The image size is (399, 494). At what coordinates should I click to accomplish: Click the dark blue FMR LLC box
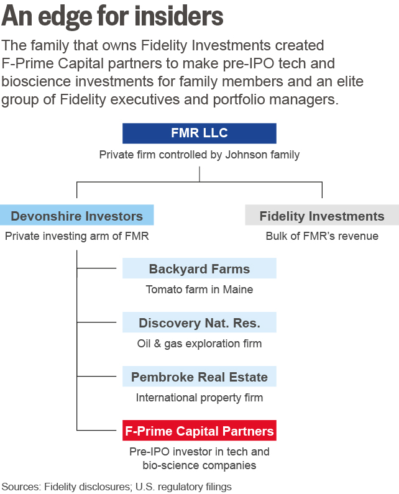tap(199, 134)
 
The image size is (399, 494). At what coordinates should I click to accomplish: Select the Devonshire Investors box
tap(76, 216)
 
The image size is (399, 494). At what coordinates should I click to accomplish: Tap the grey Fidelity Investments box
tap(321, 216)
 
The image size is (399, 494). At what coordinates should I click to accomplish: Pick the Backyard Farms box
tap(199, 268)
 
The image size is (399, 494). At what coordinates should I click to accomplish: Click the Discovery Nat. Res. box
tap(199, 322)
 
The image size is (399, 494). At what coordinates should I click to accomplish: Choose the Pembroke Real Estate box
tap(199, 377)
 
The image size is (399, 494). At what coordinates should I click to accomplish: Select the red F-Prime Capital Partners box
tap(199, 430)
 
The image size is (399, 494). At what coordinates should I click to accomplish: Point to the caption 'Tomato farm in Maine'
tap(199, 289)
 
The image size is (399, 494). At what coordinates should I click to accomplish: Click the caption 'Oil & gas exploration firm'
tap(199, 343)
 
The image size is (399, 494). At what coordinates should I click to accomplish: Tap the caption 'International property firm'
tap(199, 397)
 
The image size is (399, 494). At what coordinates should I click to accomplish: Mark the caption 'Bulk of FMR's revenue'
tap(321, 236)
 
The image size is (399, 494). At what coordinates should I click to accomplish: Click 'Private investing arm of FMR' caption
tap(76, 236)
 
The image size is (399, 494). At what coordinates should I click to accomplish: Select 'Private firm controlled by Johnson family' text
tap(199, 155)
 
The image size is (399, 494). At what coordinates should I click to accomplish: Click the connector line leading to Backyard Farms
tap(99, 268)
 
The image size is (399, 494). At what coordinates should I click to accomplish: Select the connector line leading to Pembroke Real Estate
tap(99, 377)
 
